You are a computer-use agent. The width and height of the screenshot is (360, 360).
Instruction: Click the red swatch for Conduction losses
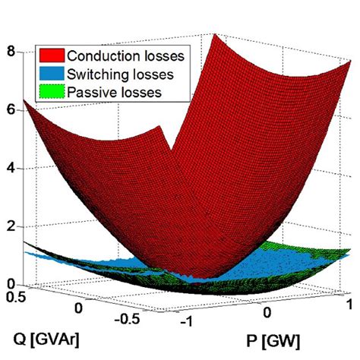click(51, 55)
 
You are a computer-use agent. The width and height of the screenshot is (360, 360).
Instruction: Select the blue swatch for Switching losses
click(51, 74)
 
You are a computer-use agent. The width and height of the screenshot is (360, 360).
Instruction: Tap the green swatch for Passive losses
click(51, 93)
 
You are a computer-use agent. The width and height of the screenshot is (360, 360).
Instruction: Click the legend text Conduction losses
click(120, 55)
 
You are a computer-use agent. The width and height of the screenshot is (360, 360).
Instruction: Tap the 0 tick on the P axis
click(267, 311)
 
